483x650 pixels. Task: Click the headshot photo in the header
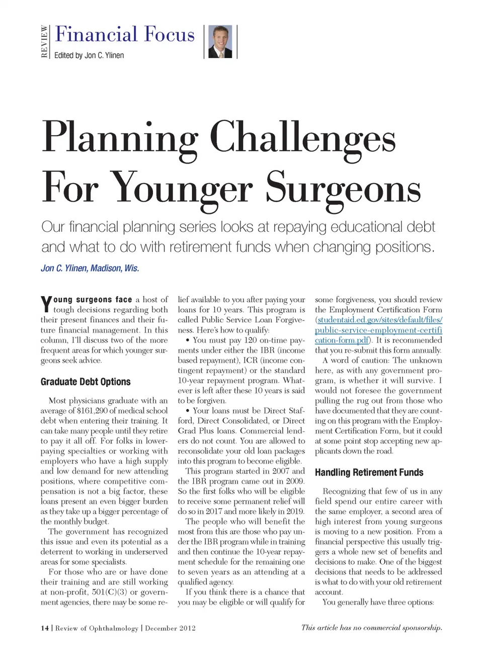pyautogui.click(x=220, y=41)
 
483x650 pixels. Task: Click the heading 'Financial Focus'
pyautogui.click(x=125, y=34)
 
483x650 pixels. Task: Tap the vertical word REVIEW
pyautogui.click(x=45, y=41)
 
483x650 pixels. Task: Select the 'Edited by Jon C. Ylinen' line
pyautogui.click(x=89, y=55)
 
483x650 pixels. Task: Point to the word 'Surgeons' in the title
pyautogui.click(x=343, y=187)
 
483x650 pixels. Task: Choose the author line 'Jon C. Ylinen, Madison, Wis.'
pyautogui.click(x=90, y=268)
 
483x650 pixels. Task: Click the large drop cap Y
pyautogui.click(x=46, y=304)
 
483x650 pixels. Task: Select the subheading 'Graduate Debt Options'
pyautogui.click(x=86, y=381)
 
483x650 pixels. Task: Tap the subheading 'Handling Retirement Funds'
pyautogui.click(x=369, y=472)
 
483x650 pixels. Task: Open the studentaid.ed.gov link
pyautogui.click(x=378, y=330)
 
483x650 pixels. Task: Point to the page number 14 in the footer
pyautogui.click(x=45, y=628)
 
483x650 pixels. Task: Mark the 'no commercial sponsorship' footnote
pyautogui.click(x=371, y=627)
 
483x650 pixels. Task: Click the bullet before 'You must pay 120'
pyautogui.click(x=188, y=340)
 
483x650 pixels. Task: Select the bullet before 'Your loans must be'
pyautogui.click(x=188, y=411)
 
